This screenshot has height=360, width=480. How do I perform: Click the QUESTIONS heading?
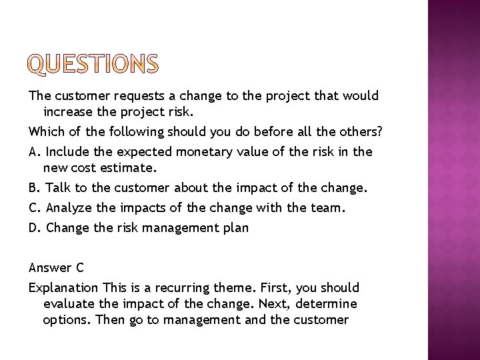point(93,64)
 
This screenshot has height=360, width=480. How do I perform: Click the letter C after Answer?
point(79,267)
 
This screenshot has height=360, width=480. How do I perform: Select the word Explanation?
point(65,288)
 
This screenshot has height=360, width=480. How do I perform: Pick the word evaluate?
point(69,303)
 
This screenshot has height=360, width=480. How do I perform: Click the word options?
point(67,319)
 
